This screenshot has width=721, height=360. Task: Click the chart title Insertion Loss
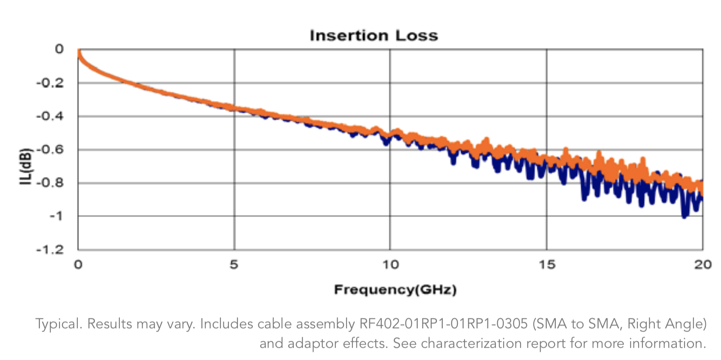[374, 36]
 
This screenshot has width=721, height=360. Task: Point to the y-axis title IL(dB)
[25, 166]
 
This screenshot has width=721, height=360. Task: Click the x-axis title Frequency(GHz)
[395, 290]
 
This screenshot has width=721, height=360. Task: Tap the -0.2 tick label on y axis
[50, 83]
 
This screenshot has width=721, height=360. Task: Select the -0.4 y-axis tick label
[50, 116]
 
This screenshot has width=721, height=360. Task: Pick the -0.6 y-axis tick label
[50, 149]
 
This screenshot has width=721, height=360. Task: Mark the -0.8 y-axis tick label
[50, 183]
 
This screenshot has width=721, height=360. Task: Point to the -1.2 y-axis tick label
[50, 250]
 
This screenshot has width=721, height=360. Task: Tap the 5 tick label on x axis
[234, 265]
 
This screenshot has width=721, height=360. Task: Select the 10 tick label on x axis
[390, 265]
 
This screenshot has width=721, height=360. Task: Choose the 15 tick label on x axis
[546, 265]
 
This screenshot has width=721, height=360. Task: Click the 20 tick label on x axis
[702, 265]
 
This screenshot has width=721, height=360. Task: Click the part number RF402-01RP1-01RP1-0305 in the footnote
[443, 324]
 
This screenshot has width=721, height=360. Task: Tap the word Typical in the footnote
[59, 324]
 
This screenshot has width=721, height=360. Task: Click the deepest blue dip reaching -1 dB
[684, 216]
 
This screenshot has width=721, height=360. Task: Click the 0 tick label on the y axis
[59, 49]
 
